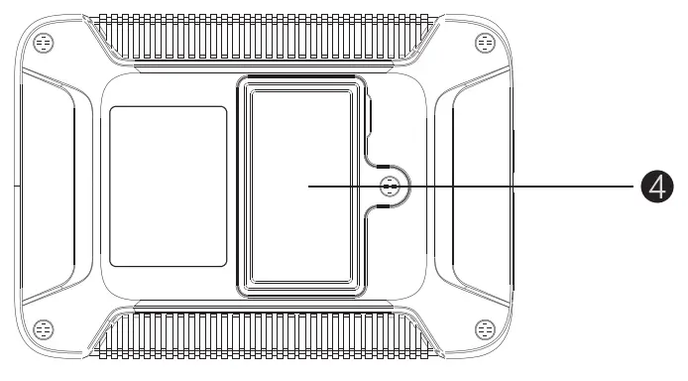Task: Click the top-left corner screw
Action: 44,43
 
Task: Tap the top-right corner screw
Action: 485,43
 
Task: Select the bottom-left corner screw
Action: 44,328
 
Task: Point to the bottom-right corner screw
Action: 485,328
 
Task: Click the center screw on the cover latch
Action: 390,186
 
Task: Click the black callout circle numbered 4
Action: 656,186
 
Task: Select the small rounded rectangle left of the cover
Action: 168,186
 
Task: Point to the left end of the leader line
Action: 308,186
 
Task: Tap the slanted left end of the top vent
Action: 107,40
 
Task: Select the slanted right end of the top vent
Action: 421,40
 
